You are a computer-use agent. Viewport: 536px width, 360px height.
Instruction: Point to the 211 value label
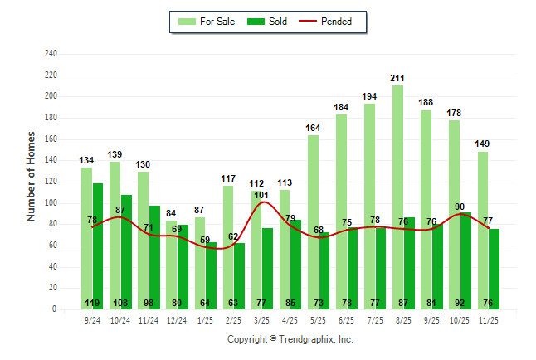[398, 78]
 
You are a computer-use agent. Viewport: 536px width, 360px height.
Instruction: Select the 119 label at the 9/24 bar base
[93, 303]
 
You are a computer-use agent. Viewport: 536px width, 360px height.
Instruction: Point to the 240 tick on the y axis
[51, 54]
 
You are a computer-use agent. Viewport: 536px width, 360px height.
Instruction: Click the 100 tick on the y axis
[51, 203]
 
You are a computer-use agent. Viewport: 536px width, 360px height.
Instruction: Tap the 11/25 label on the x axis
[489, 319]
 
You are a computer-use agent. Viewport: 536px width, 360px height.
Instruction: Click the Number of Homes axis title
[31, 176]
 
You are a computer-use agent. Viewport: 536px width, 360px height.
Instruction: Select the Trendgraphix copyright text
[290, 339]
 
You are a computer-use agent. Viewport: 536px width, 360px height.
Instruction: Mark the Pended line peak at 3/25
[263, 202]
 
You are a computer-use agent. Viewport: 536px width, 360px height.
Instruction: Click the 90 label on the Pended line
[460, 207]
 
